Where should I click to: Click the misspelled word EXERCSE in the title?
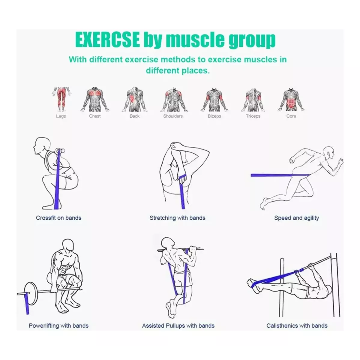[107, 40]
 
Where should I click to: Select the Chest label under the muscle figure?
[95, 116]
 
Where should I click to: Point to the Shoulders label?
[173, 116]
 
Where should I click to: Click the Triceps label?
[253, 116]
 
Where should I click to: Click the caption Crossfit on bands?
[58, 218]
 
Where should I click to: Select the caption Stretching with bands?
[177, 218]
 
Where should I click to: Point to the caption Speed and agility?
[296, 218]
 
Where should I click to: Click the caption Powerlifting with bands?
[58, 325]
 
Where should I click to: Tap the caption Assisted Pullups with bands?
[178, 325]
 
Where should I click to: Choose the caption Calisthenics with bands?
[297, 325]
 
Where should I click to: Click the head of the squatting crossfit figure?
[41, 146]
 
